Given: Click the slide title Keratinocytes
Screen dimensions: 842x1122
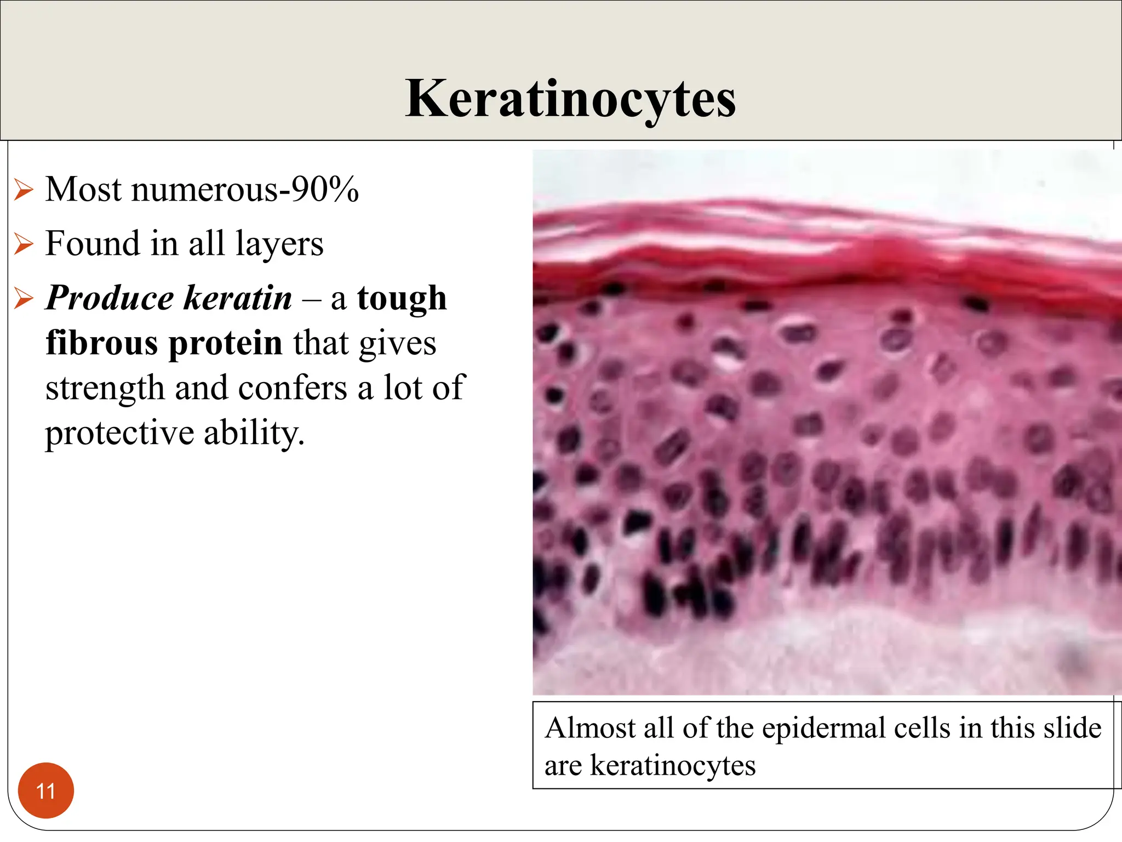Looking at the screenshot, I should point(570,99).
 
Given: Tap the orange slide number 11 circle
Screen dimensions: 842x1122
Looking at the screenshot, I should point(45,790).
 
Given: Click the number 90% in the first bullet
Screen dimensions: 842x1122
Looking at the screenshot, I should point(325,190).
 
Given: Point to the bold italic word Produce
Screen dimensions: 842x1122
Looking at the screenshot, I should point(110,298).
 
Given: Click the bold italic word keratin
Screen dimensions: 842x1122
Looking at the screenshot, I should point(238,298).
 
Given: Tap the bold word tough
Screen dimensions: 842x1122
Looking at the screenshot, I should point(402,298).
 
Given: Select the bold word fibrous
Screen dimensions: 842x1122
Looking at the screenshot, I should point(102,343).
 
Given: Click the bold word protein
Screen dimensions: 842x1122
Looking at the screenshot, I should point(225,343).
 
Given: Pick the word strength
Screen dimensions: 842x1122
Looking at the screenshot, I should point(105,389).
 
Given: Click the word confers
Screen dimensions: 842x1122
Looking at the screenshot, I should point(293,388).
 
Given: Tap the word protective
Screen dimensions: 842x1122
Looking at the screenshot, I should point(119,433).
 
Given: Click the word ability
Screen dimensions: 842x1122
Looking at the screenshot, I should point(254,433).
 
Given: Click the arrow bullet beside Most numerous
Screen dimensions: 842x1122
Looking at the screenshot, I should point(24,190).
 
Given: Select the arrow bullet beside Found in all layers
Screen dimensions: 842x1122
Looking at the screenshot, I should point(24,244).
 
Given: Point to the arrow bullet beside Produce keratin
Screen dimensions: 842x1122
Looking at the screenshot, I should point(24,298).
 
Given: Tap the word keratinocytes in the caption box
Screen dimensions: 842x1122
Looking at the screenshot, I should point(673,765).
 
